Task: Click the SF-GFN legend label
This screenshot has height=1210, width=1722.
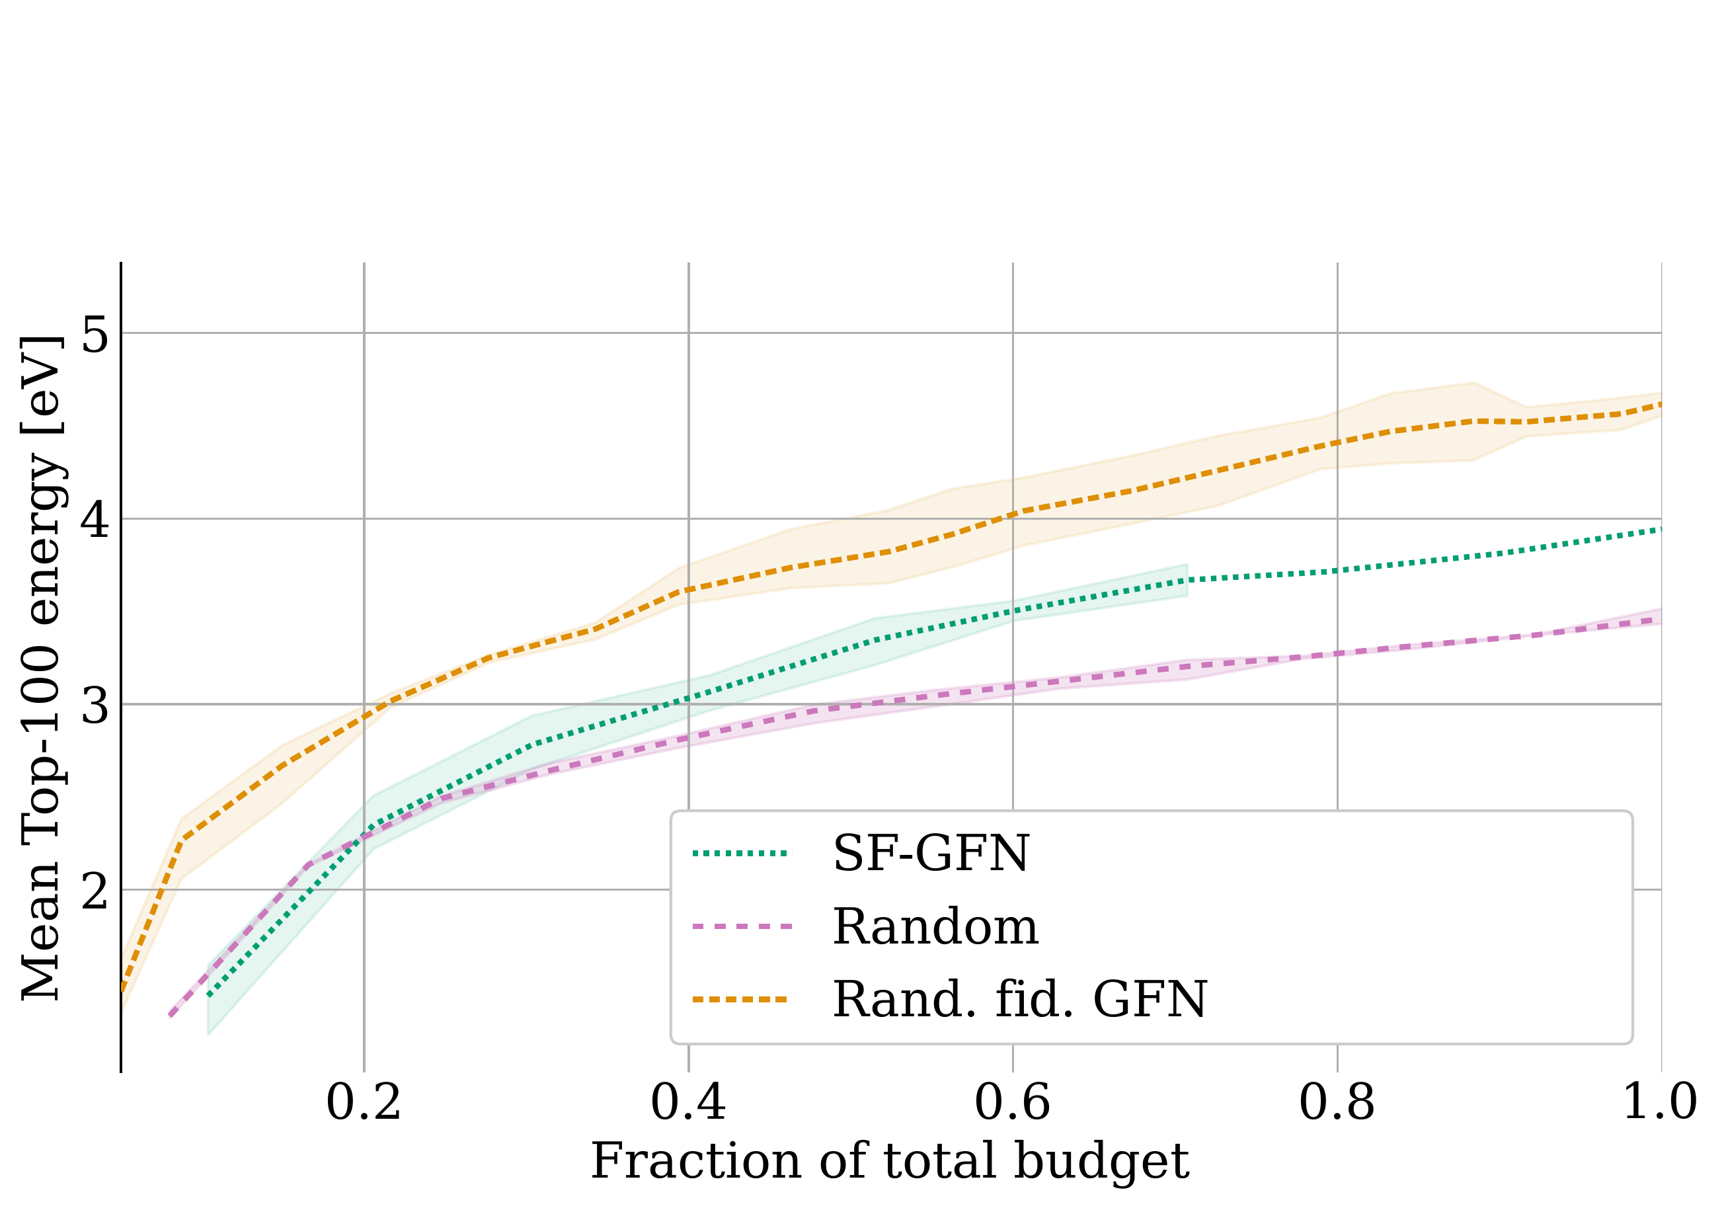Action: pyautogui.click(x=931, y=854)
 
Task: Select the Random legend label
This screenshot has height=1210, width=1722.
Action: pyautogui.click(x=935, y=927)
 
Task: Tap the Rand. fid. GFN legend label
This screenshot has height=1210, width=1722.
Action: pyautogui.click(x=1020, y=1000)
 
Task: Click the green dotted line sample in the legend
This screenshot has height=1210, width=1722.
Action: pyautogui.click(x=741, y=854)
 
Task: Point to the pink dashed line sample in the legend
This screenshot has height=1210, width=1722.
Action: pyautogui.click(x=741, y=927)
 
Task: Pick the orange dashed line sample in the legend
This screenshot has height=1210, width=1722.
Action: pyautogui.click(x=741, y=1000)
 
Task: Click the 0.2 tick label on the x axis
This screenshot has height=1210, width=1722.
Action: pyautogui.click(x=364, y=1103)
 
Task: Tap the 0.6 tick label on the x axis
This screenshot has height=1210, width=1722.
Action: pyautogui.click(x=1013, y=1103)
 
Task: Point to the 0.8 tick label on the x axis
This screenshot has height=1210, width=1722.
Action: pyautogui.click(x=1337, y=1103)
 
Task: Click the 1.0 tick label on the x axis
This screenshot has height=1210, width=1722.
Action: pyautogui.click(x=1659, y=1103)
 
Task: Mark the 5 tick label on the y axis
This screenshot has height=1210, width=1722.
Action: pyautogui.click(x=96, y=334)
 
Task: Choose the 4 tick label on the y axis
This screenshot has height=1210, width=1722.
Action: pyautogui.click(x=96, y=519)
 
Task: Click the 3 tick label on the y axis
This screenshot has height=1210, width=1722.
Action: pyautogui.click(x=96, y=705)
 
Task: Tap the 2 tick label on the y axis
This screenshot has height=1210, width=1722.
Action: pyautogui.click(x=96, y=891)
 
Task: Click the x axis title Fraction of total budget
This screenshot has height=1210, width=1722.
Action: pyautogui.click(x=890, y=1162)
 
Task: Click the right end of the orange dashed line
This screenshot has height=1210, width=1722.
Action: pyautogui.click(x=1660, y=405)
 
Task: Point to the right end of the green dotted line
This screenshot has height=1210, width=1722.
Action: pyautogui.click(x=1660, y=530)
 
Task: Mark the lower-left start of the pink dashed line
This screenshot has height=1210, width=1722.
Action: pyautogui.click(x=172, y=1016)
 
